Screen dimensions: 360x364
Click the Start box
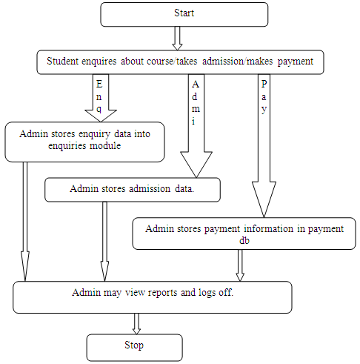tap(184, 14)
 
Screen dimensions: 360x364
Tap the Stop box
tap(135, 348)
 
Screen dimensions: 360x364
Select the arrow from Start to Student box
tap(177, 39)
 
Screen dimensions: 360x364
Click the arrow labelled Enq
tap(101, 98)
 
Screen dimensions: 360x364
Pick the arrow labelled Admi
tap(196, 126)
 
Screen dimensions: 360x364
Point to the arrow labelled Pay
tap(264, 146)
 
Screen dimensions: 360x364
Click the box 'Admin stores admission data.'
tap(133, 190)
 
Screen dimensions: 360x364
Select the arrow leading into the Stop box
tap(136, 324)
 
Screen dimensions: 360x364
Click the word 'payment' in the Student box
tap(296, 62)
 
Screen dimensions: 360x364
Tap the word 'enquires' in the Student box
tap(99, 62)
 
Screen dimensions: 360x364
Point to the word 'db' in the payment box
tap(244, 240)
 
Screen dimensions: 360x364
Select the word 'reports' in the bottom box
tap(162, 293)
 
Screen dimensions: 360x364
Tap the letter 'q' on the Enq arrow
tap(99, 109)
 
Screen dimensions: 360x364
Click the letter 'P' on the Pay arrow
tap(264, 84)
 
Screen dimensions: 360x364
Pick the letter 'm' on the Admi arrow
tap(196, 109)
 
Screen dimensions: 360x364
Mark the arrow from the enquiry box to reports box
tap(25, 222)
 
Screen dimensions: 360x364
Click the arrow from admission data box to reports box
tap(104, 242)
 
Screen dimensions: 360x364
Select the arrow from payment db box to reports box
tap(240, 265)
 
